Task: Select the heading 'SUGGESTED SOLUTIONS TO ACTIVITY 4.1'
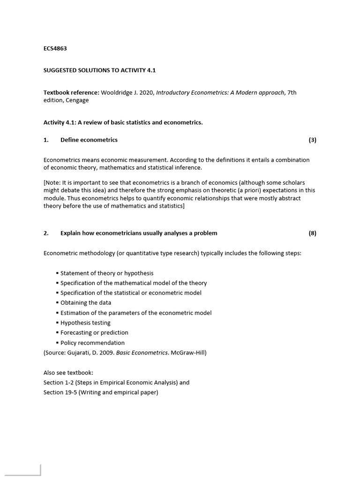tap(99, 70)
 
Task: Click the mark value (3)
tap(312, 140)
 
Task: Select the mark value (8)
tap(312, 233)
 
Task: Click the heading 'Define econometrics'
tap(89, 140)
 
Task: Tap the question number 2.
tap(46, 233)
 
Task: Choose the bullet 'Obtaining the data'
tap(86, 303)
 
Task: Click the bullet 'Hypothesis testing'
tap(85, 322)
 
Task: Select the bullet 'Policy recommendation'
tap(92, 343)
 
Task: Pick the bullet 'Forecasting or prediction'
tap(94, 332)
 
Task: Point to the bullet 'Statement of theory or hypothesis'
tap(107, 273)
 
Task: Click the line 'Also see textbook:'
tap(68, 373)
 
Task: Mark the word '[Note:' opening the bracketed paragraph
tap(52, 182)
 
